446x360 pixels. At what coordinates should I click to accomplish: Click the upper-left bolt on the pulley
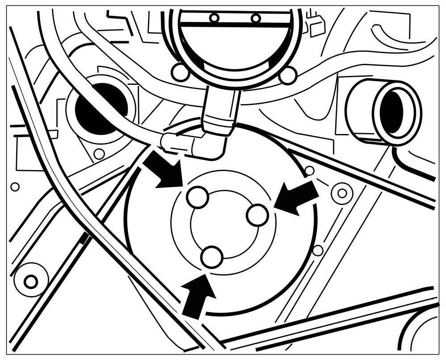pyautogui.click(x=197, y=197)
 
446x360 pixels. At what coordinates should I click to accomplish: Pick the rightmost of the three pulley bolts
pyautogui.click(x=257, y=215)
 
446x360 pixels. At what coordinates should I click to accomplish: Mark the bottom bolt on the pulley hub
pyautogui.click(x=212, y=257)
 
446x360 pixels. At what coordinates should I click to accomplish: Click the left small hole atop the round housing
pyautogui.click(x=215, y=18)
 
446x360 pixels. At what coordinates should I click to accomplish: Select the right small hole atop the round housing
pyautogui.click(x=256, y=18)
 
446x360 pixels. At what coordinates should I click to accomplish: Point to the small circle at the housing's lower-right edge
pyautogui.click(x=287, y=75)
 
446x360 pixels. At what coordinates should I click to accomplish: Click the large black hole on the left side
pyautogui.click(x=99, y=109)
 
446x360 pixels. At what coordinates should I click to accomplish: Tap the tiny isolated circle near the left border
pyautogui.click(x=15, y=187)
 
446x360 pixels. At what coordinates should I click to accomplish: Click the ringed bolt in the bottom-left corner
pyautogui.click(x=30, y=282)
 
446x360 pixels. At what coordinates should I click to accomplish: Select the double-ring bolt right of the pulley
pyautogui.click(x=342, y=193)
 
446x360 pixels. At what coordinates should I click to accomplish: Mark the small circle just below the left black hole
pyautogui.click(x=99, y=154)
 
